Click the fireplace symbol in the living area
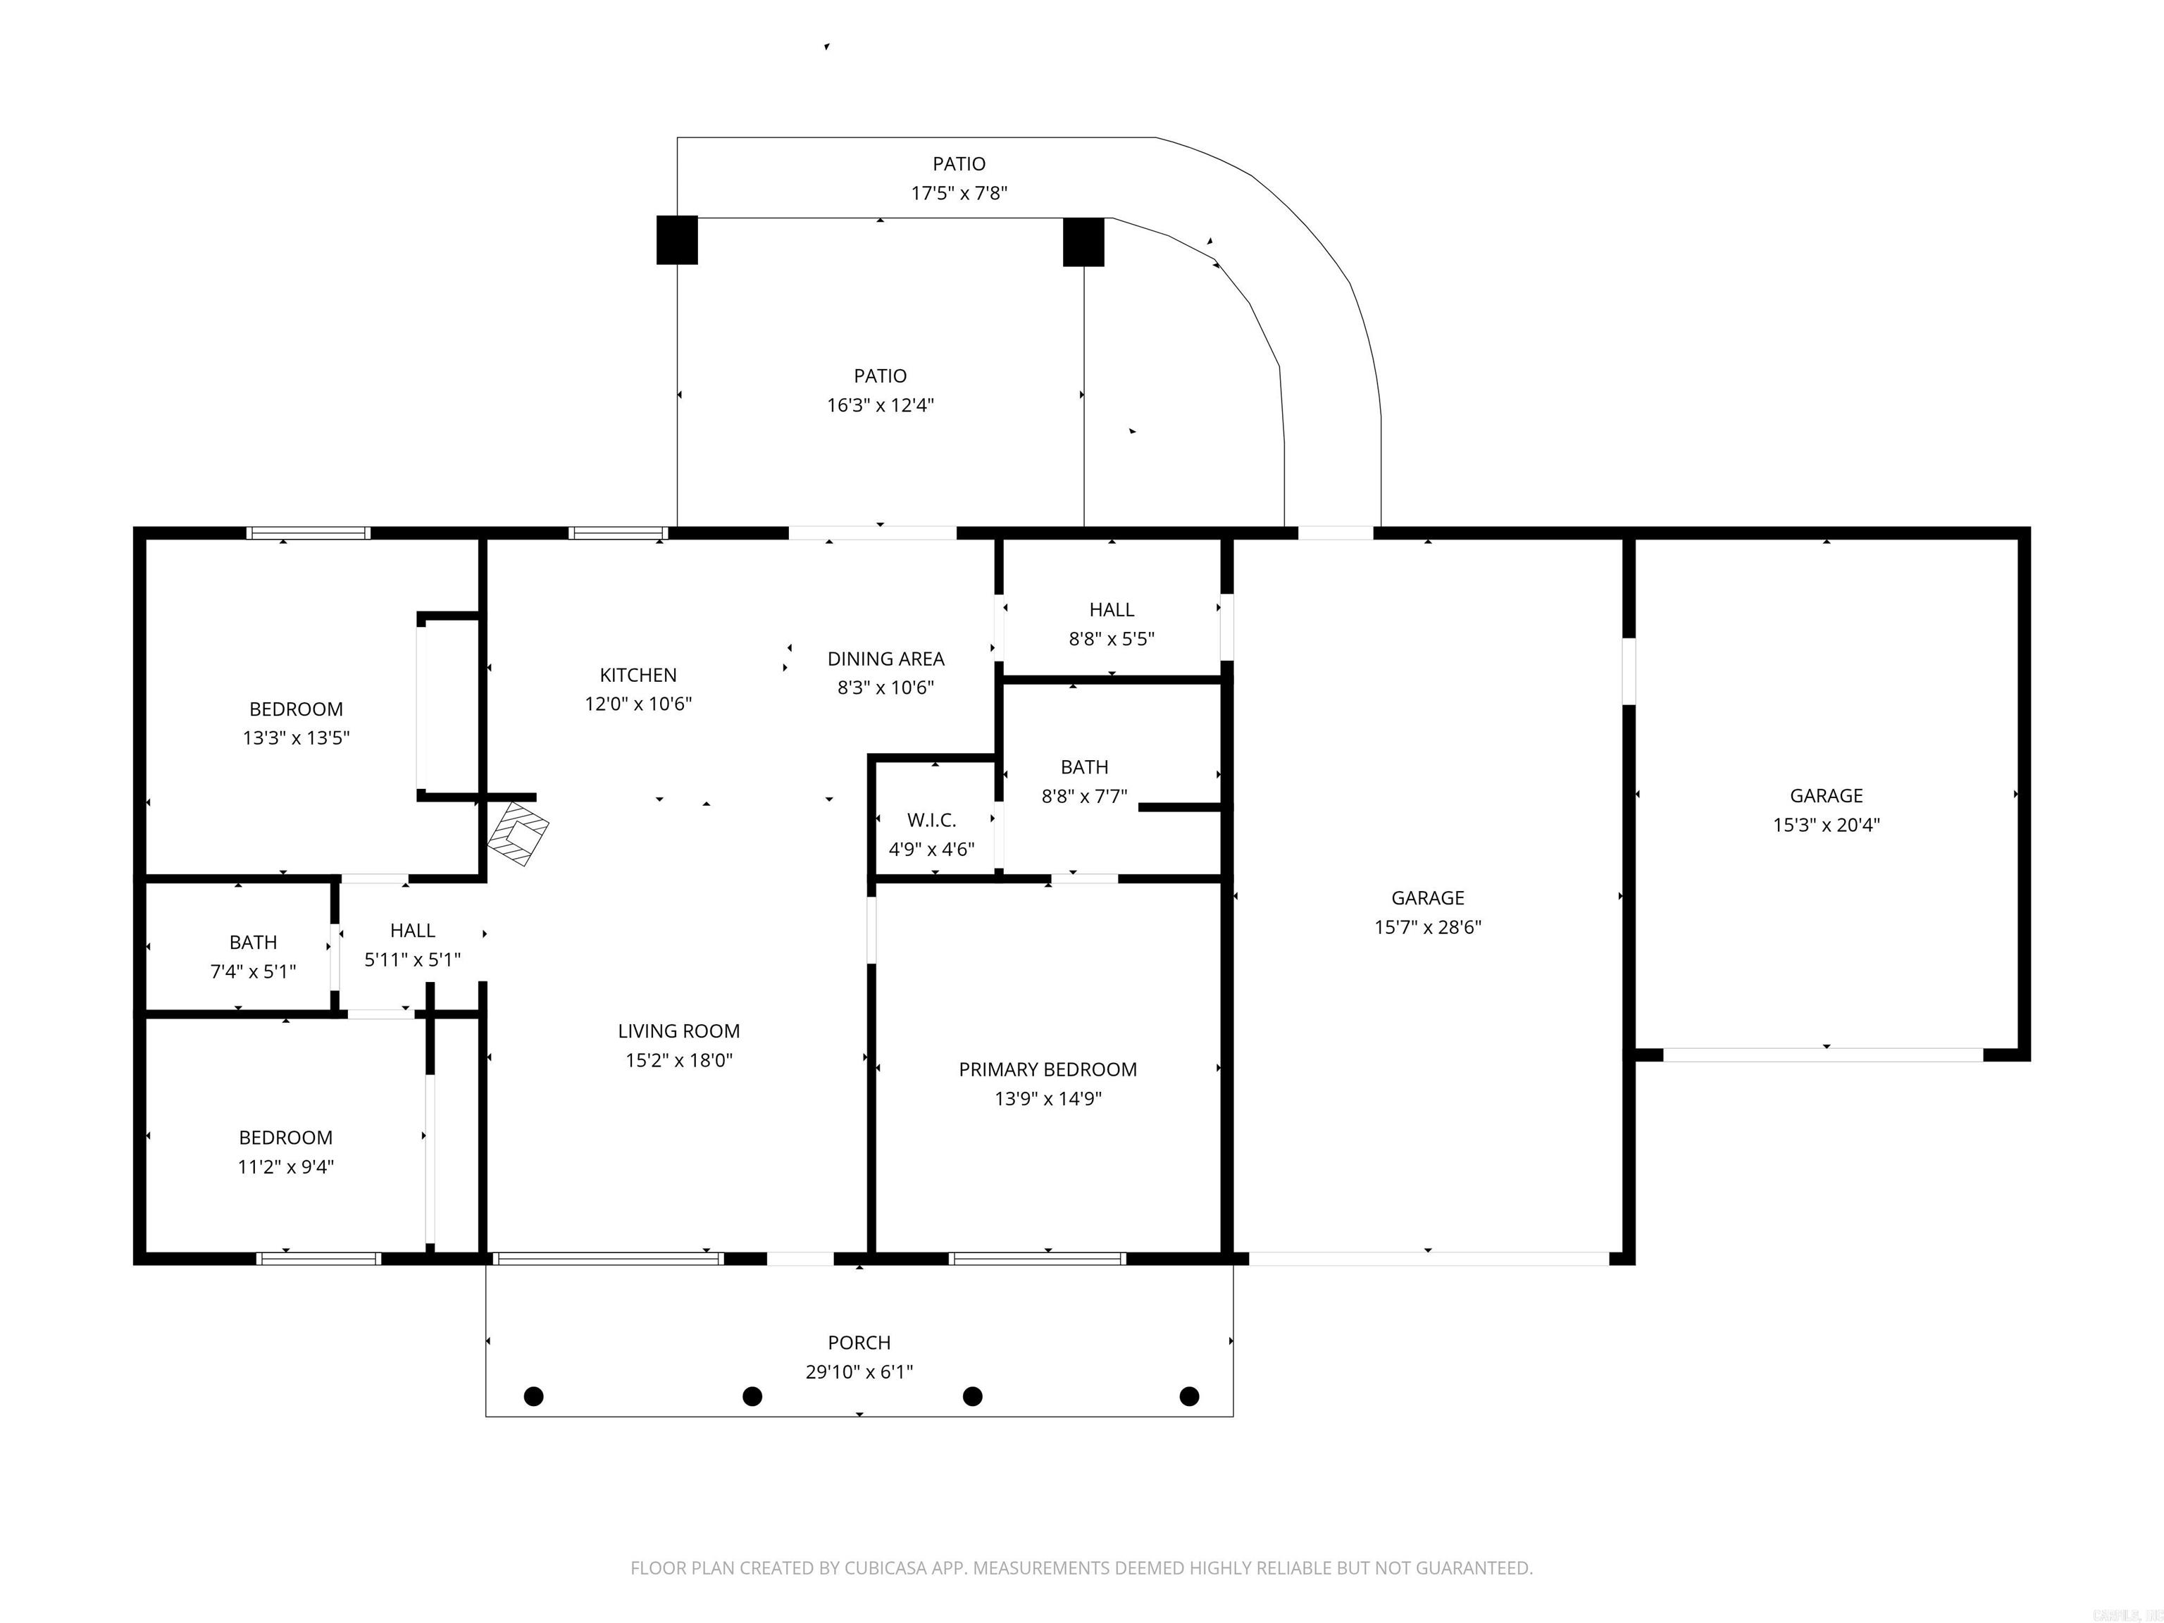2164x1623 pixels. [x=518, y=833]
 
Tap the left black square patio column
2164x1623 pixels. [x=677, y=240]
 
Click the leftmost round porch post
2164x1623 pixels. [x=534, y=1396]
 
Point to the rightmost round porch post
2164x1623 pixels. [x=1190, y=1396]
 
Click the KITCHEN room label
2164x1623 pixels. [x=638, y=675]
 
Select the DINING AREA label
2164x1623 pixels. [x=885, y=659]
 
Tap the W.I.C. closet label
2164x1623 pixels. [x=931, y=820]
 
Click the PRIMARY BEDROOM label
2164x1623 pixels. [x=1047, y=1069]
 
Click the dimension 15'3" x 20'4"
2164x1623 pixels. [x=1825, y=825]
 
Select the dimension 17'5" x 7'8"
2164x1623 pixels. [x=959, y=193]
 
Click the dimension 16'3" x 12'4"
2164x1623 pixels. [x=880, y=405]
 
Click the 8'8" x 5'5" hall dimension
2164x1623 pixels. [x=1112, y=639]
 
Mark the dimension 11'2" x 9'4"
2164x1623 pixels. [x=286, y=1166]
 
